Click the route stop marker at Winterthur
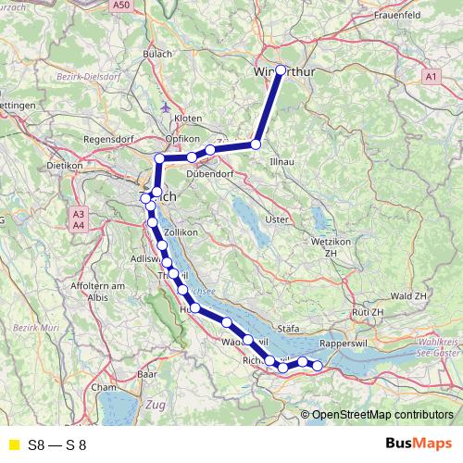(x=281, y=69)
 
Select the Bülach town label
(x=157, y=55)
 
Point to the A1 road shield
(x=431, y=75)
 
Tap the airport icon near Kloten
(x=166, y=106)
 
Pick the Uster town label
(x=277, y=219)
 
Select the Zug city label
(x=156, y=406)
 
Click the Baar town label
(x=146, y=374)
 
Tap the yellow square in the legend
(x=12, y=445)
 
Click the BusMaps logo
(x=418, y=444)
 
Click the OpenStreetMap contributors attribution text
(x=382, y=415)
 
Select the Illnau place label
(x=281, y=161)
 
